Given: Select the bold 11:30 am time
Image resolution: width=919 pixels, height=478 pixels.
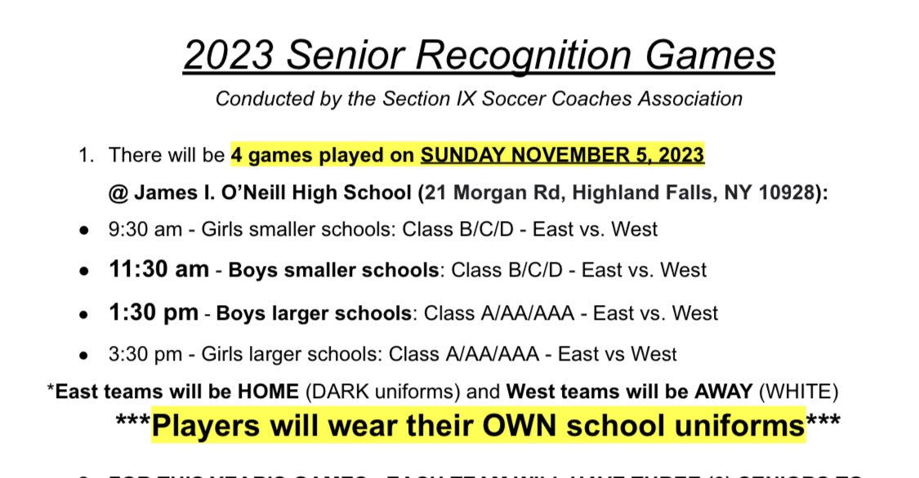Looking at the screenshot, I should click(x=158, y=269).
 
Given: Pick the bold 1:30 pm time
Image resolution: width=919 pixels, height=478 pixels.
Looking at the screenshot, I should click(x=153, y=312).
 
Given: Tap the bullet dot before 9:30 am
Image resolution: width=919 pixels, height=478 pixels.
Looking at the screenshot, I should click(x=84, y=231).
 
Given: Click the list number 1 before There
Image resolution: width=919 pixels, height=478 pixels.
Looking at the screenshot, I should click(x=86, y=155).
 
